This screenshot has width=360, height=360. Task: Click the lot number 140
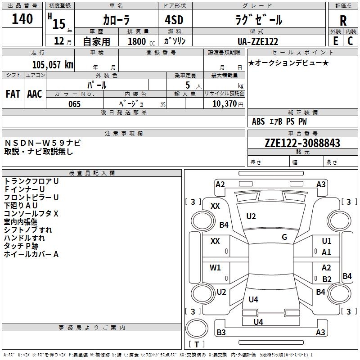[22, 19]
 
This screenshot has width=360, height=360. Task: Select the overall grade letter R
[343, 21]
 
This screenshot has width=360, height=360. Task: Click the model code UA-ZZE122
[257, 41]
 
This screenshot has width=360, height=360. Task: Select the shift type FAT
[13, 94]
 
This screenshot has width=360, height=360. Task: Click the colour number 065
[75, 104]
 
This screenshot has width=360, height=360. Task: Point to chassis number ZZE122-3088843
[302, 143]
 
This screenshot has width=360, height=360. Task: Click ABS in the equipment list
[258, 121]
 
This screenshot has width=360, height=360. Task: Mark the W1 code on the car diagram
[215, 268]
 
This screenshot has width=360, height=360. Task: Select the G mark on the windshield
[284, 237]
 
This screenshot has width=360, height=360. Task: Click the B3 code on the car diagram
[221, 333]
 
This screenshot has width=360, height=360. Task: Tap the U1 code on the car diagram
[327, 241]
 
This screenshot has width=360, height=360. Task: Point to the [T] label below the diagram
[197, 344]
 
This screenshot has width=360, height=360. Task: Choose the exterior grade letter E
[335, 40]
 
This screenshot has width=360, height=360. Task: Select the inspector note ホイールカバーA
[31, 254]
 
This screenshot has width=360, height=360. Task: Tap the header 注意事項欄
[124, 134]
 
